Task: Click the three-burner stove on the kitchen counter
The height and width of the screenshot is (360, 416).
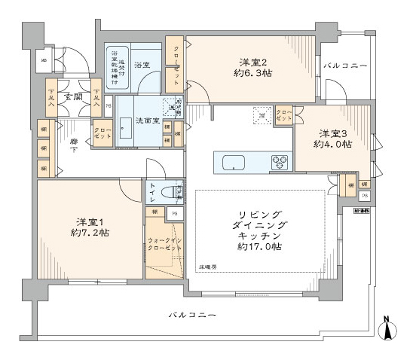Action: (279, 161)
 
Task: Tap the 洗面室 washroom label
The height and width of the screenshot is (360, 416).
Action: (147, 121)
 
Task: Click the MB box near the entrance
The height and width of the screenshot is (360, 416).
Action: (44, 61)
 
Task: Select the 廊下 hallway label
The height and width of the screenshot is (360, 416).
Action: (75, 144)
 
